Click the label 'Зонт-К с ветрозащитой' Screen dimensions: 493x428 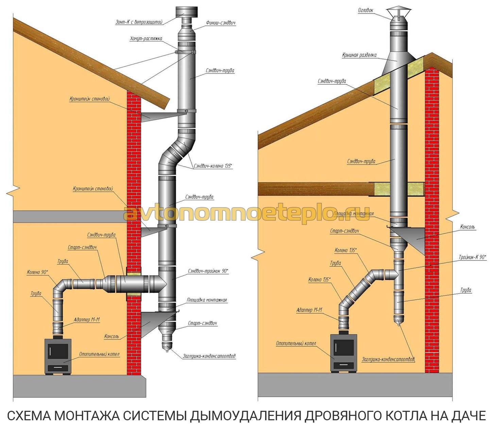click(139, 22)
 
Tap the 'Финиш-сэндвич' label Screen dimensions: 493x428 click(220, 23)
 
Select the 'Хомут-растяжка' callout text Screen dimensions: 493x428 click(146, 38)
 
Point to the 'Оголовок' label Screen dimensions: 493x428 click(366, 10)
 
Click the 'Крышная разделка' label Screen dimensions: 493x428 click(359, 55)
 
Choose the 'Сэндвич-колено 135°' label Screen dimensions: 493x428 click(213, 166)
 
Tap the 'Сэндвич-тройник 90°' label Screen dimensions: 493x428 click(208, 271)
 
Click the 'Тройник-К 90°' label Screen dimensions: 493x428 click(472, 257)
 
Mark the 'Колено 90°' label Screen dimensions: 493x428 click(37, 272)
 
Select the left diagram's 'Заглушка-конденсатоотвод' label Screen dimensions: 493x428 click(209, 356)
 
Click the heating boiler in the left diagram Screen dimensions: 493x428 click(58, 356)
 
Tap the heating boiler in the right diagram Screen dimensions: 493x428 click(343, 352)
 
